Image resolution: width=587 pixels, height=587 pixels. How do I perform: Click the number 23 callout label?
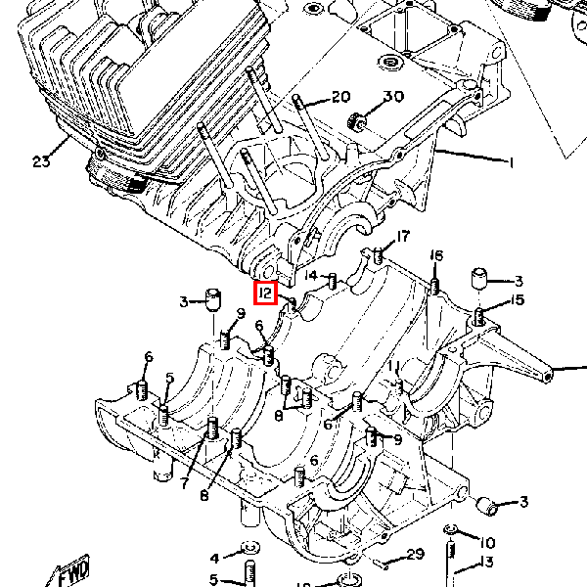(x=41, y=162)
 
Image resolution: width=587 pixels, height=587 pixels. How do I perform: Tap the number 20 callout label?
(x=339, y=97)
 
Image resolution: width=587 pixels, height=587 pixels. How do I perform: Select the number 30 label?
(x=392, y=97)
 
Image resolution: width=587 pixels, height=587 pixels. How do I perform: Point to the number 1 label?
(x=510, y=162)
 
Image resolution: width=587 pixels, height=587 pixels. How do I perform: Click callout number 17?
(x=403, y=236)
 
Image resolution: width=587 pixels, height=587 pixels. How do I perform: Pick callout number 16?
(x=436, y=255)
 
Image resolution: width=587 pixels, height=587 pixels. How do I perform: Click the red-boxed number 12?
(x=265, y=292)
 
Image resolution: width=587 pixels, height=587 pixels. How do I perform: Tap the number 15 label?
(x=518, y=300)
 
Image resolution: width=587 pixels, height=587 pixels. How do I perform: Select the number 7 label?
(x=184, y=482)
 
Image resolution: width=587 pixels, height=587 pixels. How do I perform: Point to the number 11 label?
(x=392, y=366)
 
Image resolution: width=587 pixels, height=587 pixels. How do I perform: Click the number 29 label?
(x=415, y=554)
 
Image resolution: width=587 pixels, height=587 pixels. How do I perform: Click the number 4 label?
(x=215, y=559)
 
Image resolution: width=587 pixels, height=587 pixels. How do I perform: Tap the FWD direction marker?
(x=73, y=572)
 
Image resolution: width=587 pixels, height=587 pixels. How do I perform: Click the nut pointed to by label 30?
(x=358, y=122)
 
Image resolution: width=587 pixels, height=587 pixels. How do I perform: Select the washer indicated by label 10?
(x=450, y=530)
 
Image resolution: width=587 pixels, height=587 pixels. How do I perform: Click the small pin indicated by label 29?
(x=384, y=564)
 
